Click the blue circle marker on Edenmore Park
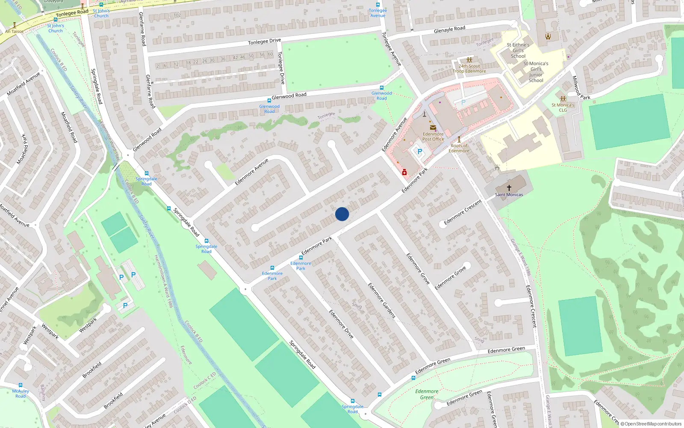(342, 214)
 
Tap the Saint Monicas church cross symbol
(509, 188)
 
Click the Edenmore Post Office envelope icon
(433, 128)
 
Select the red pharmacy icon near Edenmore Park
(404, 172)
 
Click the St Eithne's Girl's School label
(518, 51)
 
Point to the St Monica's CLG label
(563, 107)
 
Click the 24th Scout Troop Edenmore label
(469, 68)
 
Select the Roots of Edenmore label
(459, 148)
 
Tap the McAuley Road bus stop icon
(20, 385)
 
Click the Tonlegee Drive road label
(264, 42)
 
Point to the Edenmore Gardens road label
(382, 300)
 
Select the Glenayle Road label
(449, 30)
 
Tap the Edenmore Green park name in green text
(427, 394)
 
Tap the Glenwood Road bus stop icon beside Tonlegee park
(381, 88)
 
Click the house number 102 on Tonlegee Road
(177, 15)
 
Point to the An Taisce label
(14, 31)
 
